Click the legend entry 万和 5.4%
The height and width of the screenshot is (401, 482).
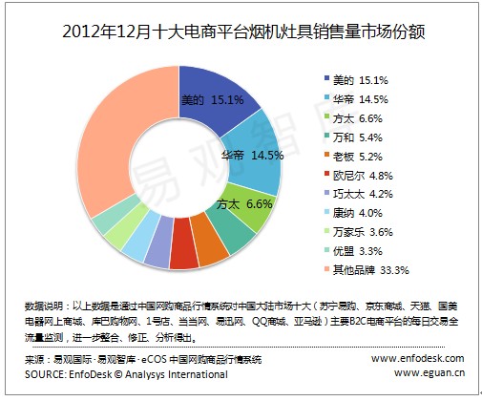pyautogui.click(x=353, y=137)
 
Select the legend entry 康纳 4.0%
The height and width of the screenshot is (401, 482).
pyautogui.click(x=353, y=213)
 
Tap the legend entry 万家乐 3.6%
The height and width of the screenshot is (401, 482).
pyautogui.click(x=359, y=232)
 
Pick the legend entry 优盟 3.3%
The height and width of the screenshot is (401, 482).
pyautogui.click(x=353, y=251)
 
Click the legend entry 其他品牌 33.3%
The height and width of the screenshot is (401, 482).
pyautogui.click(x=367, y=270)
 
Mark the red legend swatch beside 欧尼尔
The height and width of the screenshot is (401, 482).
pyautogui.click(x=326, y=174)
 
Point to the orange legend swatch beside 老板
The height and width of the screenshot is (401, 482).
pyautogui.click(x=326, y=155)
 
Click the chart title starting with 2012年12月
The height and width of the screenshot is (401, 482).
pyautogui.click(x=243, y=32)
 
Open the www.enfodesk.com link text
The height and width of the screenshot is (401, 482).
pyautogui.click(x=417, y=358)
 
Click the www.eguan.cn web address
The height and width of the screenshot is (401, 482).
pyautogui.click(x=430, y=372)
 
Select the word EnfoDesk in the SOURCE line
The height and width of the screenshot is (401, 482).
pyautogui.click(x=91, y=374)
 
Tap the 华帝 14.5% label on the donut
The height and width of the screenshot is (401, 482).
pyautogui.click(x=252, y=156)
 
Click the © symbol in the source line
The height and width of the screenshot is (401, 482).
pyautogui.click(x=118, y=374)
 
